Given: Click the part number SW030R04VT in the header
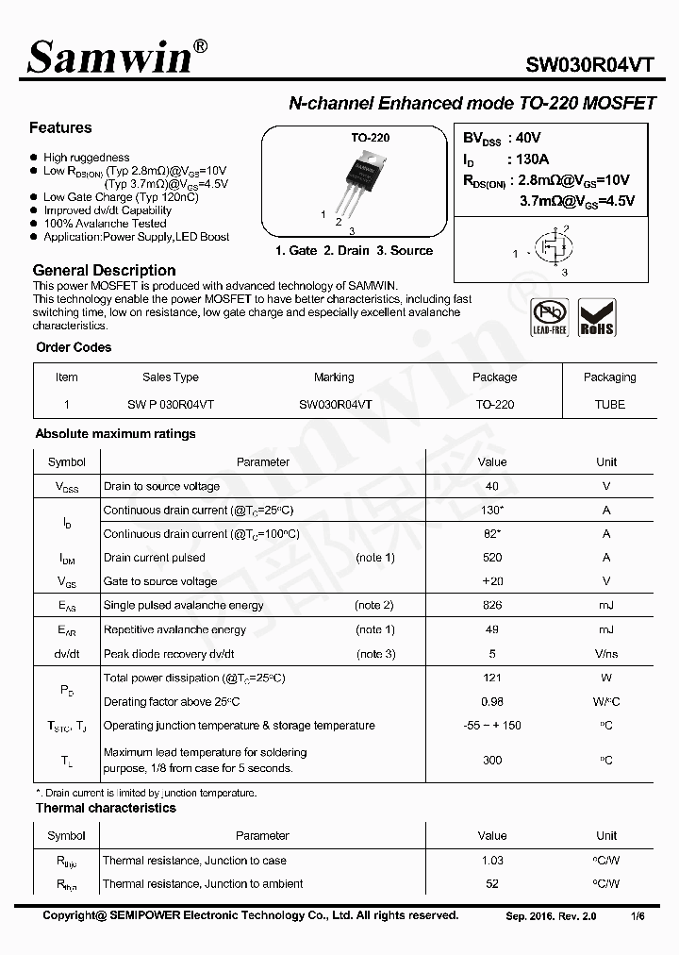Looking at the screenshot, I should click(588, 64).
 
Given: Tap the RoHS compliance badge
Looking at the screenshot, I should click(596, 318).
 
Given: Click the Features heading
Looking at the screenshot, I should click(60, 127).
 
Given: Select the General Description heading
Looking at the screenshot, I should click(104, 271).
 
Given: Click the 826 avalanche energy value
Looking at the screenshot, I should click(491, 606).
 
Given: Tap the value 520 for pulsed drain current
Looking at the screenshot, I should click(491, 558).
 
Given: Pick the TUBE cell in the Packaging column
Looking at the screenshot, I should click(609, 404).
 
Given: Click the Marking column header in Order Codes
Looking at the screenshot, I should click(334, 377).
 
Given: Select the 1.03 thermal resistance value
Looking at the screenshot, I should click(491, 861).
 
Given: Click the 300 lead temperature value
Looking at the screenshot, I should click(491, 760).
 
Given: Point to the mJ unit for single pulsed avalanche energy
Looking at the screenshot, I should click(605, 606).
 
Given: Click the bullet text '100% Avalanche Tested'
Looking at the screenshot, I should click(104, 224).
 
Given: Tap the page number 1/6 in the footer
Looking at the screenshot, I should click(638, 916).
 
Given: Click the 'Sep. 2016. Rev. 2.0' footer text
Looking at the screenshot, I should click(552, 916).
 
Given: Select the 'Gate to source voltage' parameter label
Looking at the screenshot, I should click(160, 582).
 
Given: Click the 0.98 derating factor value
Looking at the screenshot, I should click(491, 702).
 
